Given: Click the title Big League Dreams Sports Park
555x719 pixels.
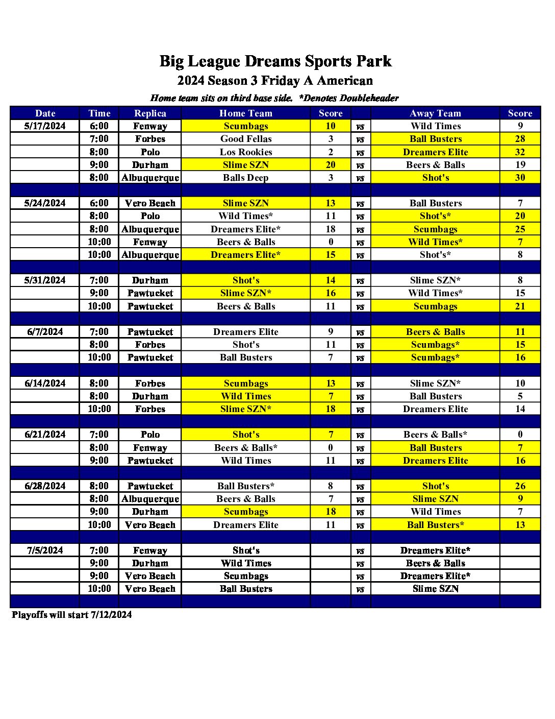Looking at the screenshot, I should pyautogui.click(x=275, y=61).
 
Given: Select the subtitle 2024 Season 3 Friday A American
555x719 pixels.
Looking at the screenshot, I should pyautogui.click(x=275, y=81).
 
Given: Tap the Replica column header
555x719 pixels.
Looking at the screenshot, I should pyautogui.click(x=150, y=113).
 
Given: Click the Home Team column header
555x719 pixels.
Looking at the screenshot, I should pyautogui.click(x=245, y=113).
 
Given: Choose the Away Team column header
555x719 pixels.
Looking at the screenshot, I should pyautogui.click(x=435, y=113).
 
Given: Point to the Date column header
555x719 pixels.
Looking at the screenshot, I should pyautogui.click(x=45, y=113).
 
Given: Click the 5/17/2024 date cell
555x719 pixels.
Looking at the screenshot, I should pyautogui.click(x=45, y=126).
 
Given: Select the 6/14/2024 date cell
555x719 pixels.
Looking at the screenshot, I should pyautogui.click(x=45, y=384).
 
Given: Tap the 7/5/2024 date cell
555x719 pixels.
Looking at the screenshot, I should pyautogui.click(x=45, y=550).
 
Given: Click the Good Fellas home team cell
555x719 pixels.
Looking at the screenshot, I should pyautogui.click(x=246, y=139).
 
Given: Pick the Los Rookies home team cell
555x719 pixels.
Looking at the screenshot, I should pyautogui.click(x=246, y=152).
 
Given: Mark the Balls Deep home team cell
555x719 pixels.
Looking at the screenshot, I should pyautogui.click(x=246, y=178).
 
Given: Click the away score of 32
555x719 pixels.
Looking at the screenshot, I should pyautogui.click(x=520, y=152).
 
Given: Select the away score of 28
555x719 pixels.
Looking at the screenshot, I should pyautogui.click(x=520, y=139).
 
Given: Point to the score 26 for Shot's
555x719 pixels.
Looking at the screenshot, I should pyautogui.click(x=520, y=486).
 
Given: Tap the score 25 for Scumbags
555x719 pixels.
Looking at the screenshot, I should pyautogui.click(x=520, y=229).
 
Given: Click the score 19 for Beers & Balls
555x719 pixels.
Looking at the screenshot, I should pyautogui.click(x=520, y=165).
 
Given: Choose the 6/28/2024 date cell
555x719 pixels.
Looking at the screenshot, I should pyautogui.click(x=45, y=486).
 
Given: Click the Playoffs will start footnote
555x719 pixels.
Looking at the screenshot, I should pyautogui.click(x=71, y=615).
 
